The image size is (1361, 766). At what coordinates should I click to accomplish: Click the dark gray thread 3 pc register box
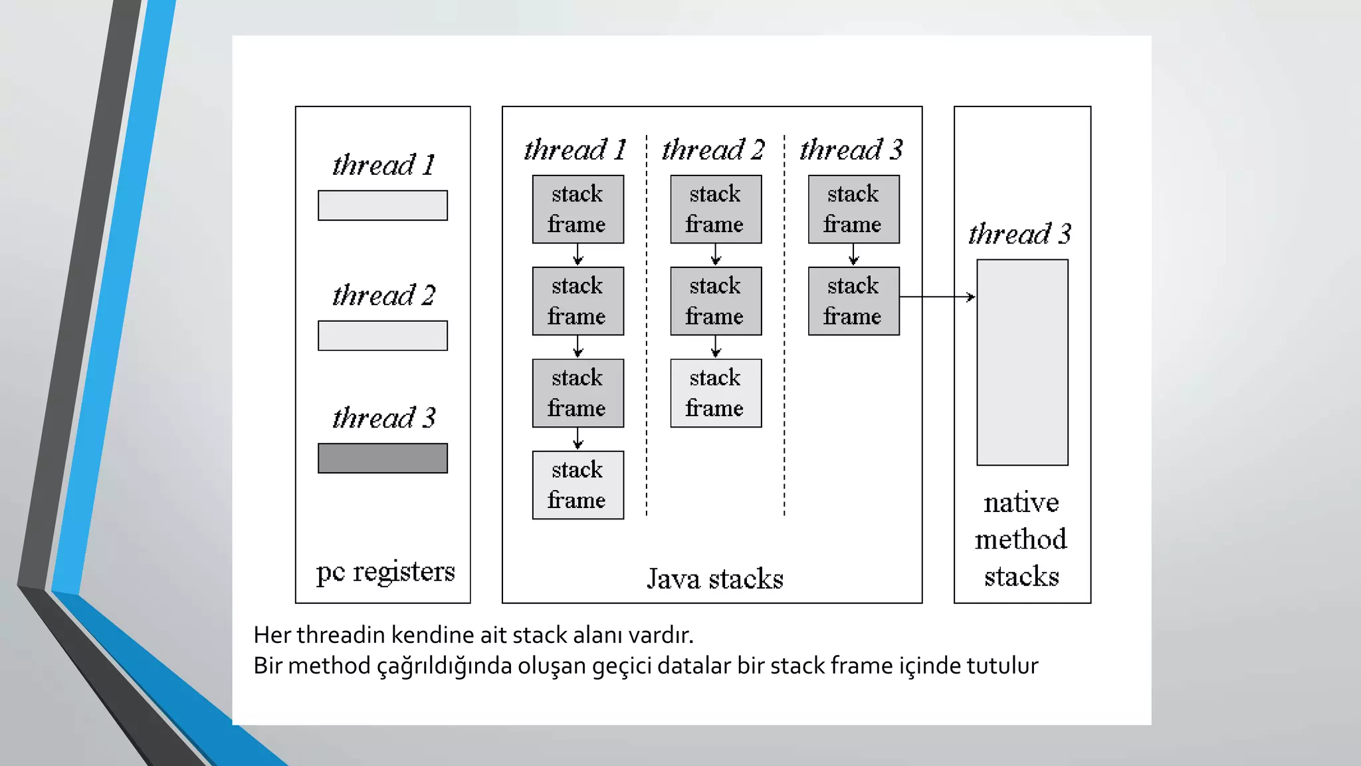tap(382, 458)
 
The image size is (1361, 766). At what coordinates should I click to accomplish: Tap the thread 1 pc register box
tap(382, 205)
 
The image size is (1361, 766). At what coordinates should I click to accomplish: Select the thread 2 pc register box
tap(382, 336)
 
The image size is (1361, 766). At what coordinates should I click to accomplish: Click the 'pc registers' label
tap(385, 572)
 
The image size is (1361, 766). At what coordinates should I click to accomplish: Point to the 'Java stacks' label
tap(715, 578)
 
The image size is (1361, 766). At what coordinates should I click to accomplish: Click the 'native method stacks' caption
tap(1021, 539)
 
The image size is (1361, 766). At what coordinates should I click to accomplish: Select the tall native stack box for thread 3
tap(1022, 362)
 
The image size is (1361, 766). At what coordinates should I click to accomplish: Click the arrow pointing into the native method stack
tap(937, 297)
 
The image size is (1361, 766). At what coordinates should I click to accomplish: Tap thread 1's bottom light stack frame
tap(577, 485)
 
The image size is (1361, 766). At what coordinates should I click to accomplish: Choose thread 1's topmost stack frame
tap(577, 209)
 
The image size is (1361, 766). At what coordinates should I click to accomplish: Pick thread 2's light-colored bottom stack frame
tap(716, 393)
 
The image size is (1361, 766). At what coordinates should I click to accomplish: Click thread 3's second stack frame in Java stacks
tap(853, 301)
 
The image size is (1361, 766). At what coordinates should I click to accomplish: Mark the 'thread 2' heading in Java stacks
tap(713, 150)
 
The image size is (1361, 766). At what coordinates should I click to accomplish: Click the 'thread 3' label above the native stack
tap(1019, 234)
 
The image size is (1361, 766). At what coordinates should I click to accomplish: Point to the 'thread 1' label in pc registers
tap(383, 165)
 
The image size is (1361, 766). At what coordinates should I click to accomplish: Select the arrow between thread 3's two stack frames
tap(854, 255)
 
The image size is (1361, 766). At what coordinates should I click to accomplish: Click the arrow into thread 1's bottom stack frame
tap(577, 439)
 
